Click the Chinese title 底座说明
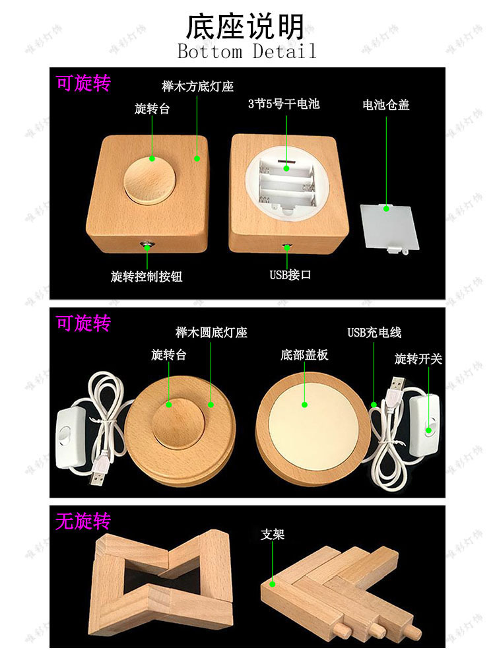(246, 27)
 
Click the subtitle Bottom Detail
(247, 51)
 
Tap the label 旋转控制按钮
(147, 277)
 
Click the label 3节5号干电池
(284, 104)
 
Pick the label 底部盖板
(304, 355)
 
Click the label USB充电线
(374, 333)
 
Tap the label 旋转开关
(418, 359)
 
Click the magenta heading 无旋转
(83, 521)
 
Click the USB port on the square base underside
(287, 247)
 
